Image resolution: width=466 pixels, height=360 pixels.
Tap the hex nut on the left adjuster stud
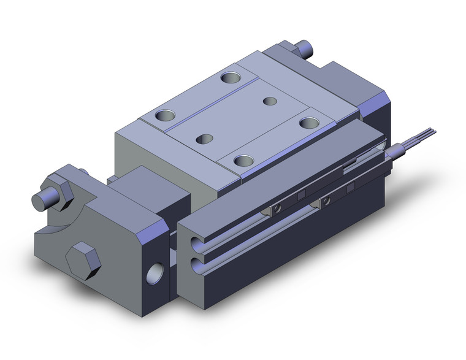click(x=59, y=187)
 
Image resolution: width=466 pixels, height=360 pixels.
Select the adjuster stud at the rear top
click(x=305, y=48)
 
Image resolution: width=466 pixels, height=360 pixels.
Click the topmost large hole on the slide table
click(x=231, y=78)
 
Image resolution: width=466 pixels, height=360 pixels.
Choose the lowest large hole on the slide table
click(x=244, y=161)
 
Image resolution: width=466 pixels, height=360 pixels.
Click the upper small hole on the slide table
click(x=270, y=100)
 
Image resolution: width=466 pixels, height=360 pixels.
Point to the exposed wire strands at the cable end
click(x=423, y=131)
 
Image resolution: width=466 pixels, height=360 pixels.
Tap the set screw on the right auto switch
click(x=328, y=197)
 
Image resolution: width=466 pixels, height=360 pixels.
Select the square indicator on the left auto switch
click(x=302, y=196)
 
